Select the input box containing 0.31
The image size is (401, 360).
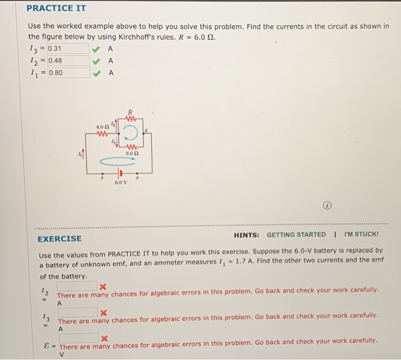pyautogui.click(x=68, y=48)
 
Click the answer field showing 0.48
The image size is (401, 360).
pyautogui.click(x=68, y=60)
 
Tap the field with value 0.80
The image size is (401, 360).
pyautogui.click(x=68, y=73)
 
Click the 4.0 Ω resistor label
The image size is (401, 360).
pyautogui.click(x=102, y=126)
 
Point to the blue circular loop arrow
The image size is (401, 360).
pyautogui.click(x=131, y=133)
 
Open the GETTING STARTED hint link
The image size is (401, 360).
pyautogui.click(x=296, y=234)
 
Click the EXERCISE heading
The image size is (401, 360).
pyautogui.click(x=60, y=238)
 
